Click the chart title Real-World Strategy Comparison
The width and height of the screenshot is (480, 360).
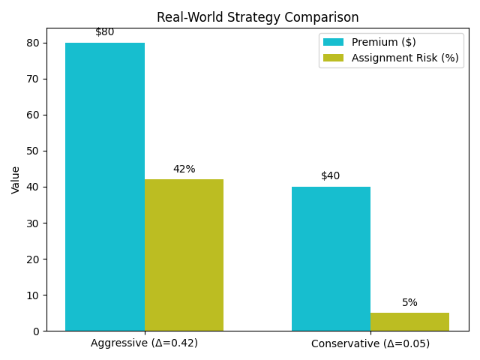257,17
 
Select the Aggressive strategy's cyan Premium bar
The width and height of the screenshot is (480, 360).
105,187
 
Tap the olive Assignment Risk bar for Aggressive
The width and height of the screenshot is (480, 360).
184,255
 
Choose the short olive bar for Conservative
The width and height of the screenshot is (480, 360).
409,322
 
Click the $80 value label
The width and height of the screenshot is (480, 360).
105,32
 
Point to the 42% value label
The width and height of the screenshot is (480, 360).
184,169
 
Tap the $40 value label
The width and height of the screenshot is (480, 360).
331,176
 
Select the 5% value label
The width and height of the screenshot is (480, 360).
409,303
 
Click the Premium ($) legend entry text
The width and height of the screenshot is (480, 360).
384,42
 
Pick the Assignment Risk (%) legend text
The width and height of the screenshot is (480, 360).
405,58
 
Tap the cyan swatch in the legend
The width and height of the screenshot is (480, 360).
334,42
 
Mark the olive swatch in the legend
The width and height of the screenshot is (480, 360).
334,58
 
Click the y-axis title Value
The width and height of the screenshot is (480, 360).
16,180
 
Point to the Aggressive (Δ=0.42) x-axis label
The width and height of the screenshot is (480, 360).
144,343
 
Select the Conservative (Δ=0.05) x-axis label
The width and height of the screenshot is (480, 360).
370,343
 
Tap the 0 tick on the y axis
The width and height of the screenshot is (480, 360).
37,331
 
